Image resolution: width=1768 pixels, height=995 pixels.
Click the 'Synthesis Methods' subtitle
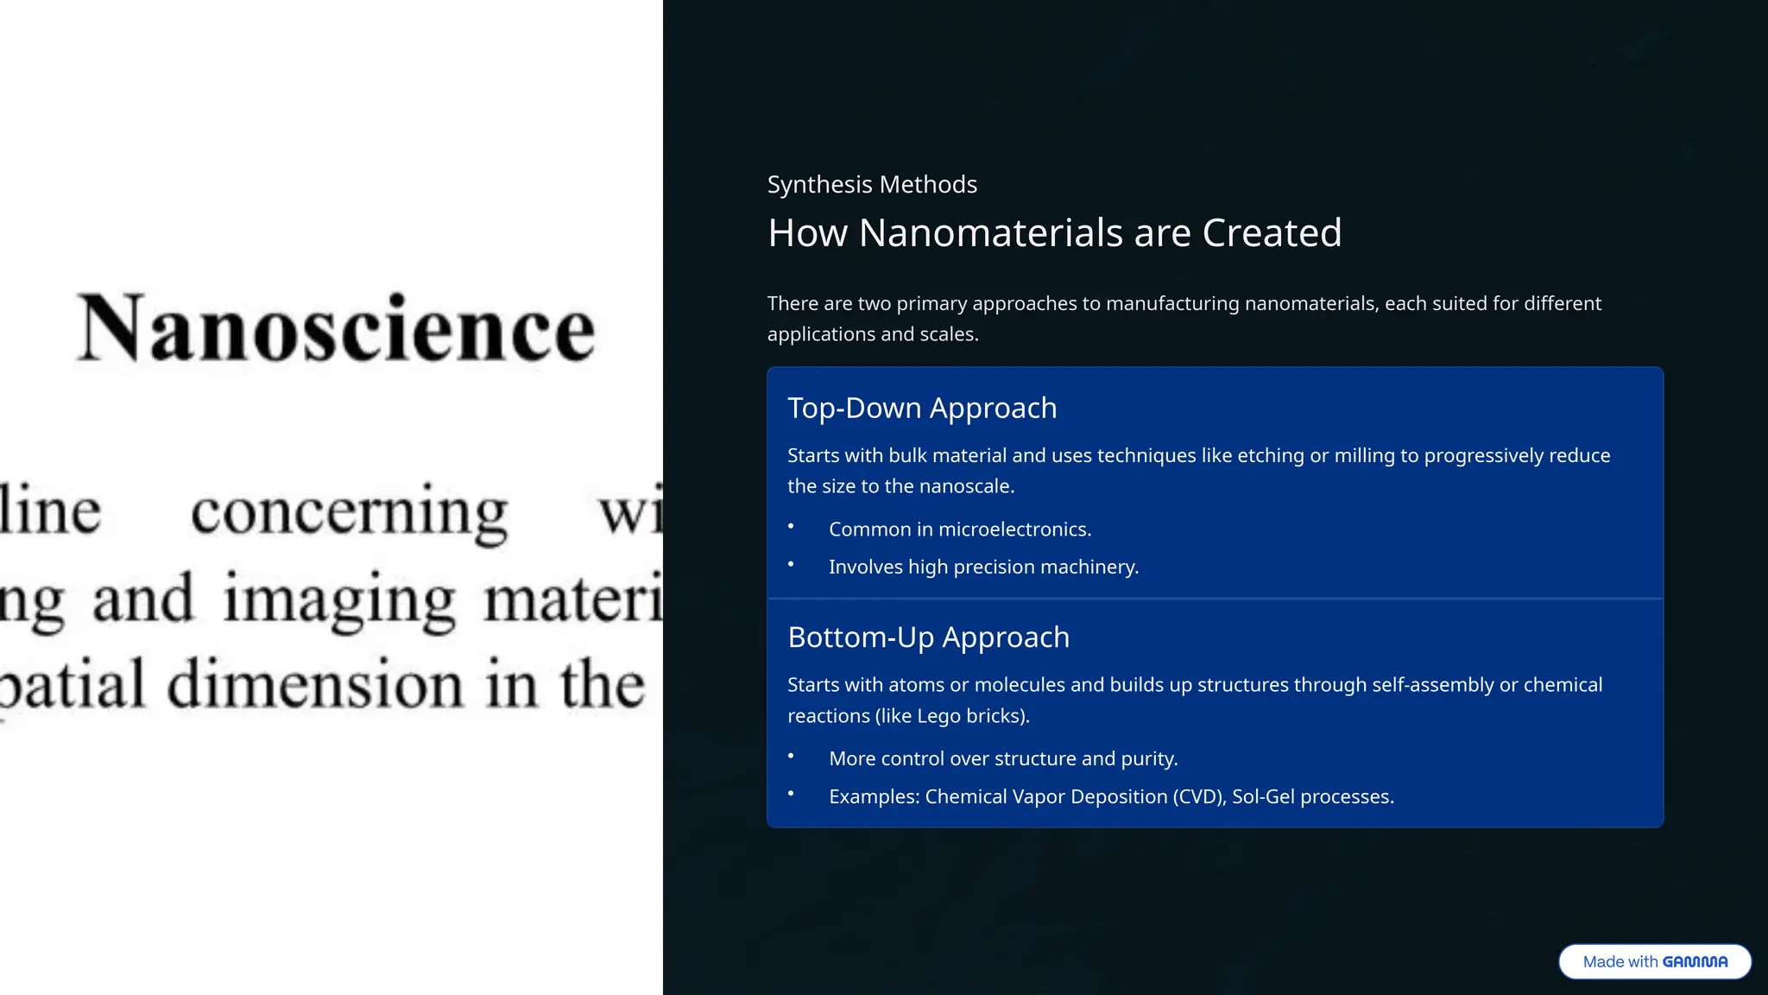(872, 185)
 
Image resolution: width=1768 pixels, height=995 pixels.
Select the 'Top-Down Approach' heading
(922, 408)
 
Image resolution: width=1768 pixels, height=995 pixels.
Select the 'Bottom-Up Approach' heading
(928, 637)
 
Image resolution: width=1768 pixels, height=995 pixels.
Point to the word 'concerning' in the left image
(349, 511)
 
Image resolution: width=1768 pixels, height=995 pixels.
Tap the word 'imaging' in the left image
(339, 599)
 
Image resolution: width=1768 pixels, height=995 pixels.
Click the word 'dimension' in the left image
(318, 684)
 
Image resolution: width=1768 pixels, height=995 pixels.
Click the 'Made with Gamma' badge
(1654, 961)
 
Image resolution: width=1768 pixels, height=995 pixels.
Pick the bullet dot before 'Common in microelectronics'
(791, 526)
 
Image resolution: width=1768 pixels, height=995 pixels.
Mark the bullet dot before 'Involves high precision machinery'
(791, 564)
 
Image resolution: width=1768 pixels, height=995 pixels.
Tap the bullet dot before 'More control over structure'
(791, 756)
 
